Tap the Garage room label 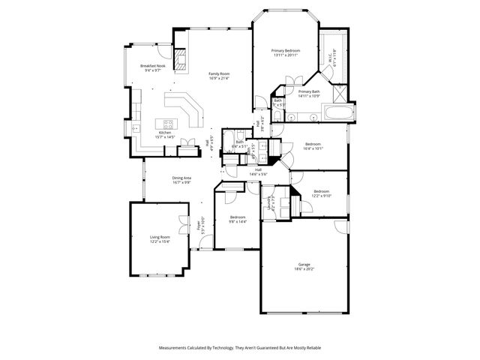click(303, 265)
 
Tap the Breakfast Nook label click(152, 66)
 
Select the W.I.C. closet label click(331, 56)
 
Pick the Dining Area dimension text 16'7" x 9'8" click(181, 182)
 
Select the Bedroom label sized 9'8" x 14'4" click(237, 219)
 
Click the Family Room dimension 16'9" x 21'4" click(218, 78)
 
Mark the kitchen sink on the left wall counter click(136, 127)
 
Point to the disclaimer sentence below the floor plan click(239, 348)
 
